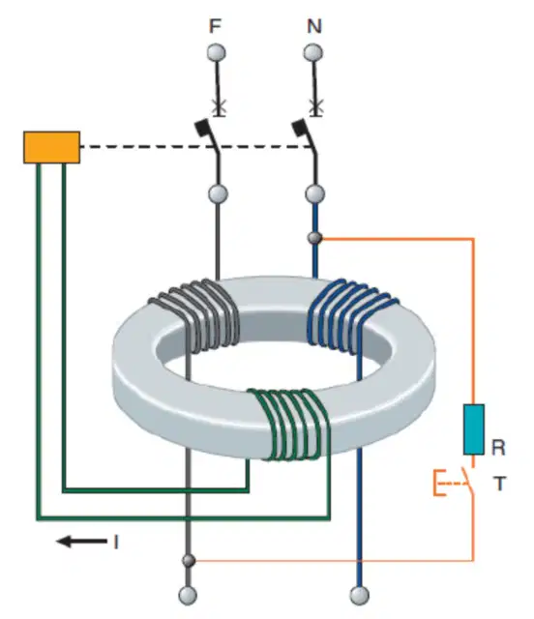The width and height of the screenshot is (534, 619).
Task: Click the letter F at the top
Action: [215, 26]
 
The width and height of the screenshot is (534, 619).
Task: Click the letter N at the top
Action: [314, 26]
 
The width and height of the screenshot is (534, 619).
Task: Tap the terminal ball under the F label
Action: [216, 53]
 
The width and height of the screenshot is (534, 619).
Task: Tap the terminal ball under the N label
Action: [313, 53]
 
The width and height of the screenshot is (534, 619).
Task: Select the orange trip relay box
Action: [51, 147]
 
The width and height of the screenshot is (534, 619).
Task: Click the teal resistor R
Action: [474, 429]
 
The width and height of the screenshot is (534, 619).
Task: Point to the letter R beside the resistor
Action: [498, 448]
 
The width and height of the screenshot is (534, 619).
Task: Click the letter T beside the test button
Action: [499, 484]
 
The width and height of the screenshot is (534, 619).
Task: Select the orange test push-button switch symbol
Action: [455, 483]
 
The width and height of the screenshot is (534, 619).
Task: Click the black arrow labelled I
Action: [82, 542]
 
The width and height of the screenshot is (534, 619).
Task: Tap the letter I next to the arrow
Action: [116, 542]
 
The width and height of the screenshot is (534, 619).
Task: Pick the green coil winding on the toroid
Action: [290, 425]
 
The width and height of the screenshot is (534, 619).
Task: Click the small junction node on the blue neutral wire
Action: [314, 238]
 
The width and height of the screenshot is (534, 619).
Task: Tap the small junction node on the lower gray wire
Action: [189, 560]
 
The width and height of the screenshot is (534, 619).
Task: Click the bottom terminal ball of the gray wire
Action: [188, 596]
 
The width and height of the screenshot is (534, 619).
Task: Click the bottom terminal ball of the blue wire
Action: [360, 596]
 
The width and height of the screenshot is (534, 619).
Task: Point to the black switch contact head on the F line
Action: [202, 128]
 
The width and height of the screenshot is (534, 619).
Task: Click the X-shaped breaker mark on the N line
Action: [314, 106]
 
